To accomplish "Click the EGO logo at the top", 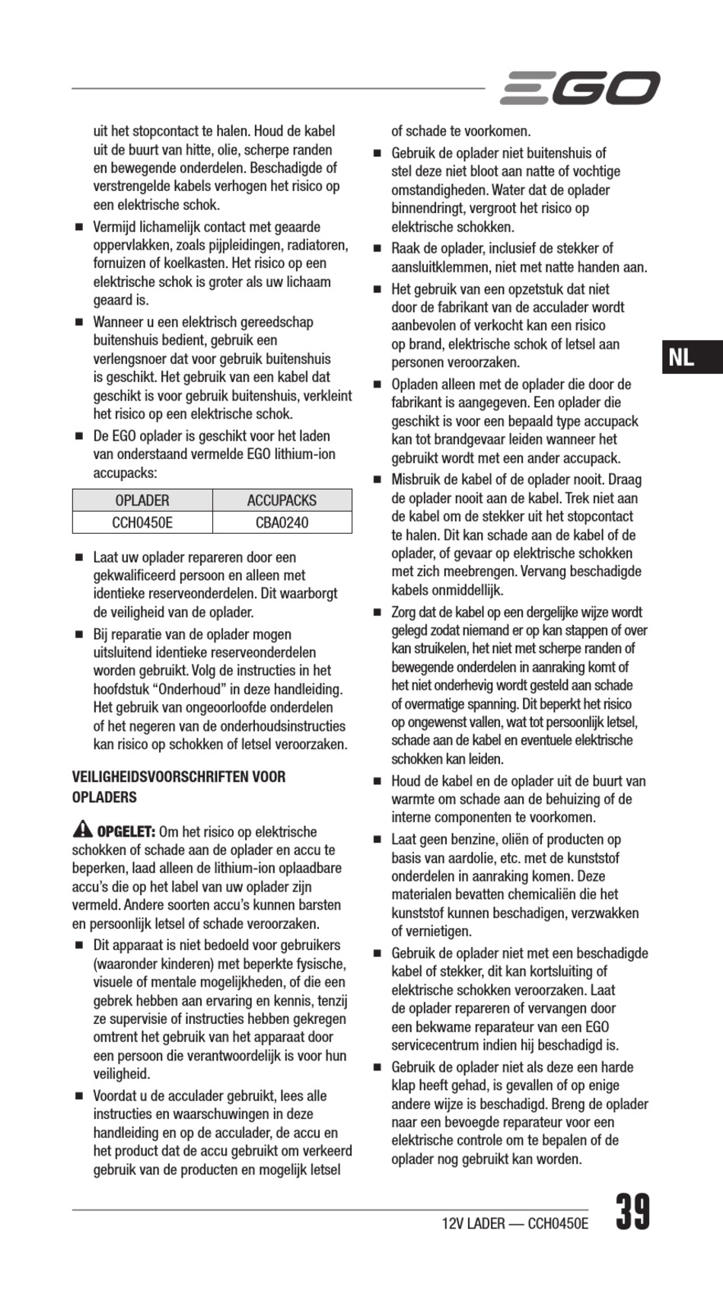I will (580, 88).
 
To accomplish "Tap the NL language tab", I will (681, 357).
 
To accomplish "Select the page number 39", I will (632, 1212).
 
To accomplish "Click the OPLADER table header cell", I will (142, 500).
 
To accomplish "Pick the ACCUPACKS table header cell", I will (282, 500).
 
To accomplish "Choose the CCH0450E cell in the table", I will (142, 522).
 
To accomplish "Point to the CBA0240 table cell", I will (282, 522).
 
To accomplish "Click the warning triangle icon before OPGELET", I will (82, 830).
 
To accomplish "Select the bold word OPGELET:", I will (126, 831).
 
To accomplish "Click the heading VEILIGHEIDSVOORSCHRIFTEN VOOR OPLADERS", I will (179, 787).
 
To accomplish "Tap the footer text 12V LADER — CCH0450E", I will (514, 1223).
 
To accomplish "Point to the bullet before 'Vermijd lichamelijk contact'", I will (78, 228).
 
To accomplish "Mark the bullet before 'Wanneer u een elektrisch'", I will (78, 323).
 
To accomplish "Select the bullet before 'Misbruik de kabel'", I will (377, 480).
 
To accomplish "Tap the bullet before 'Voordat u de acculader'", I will (78, 1097).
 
